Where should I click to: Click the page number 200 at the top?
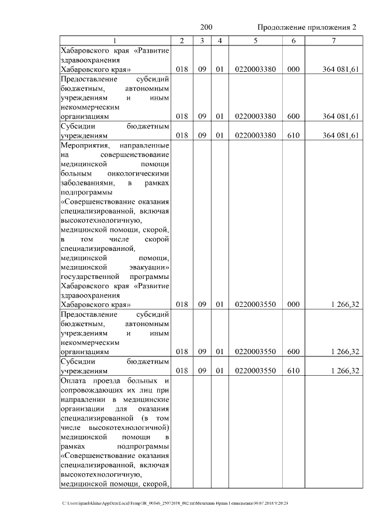coord(206,27)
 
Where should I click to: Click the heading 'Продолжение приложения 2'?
coord(307,27)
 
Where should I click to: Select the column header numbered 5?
coord(255,40)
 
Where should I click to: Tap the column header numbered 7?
coord(333,40)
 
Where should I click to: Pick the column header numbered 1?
coord(115,40)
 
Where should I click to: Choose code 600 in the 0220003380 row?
coord(293,116)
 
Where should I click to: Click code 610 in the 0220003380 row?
coord(293,136)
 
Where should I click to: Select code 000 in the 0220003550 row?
coord(293,304)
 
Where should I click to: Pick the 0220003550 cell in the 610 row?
coord(255,370)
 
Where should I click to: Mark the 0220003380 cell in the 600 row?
coord(255,116)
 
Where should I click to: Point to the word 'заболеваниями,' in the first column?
coord(88,183)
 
